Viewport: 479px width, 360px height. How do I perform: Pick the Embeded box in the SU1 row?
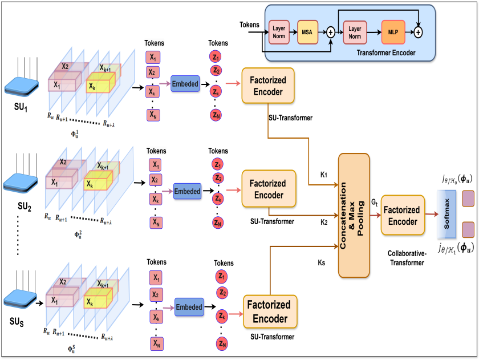point(185,84)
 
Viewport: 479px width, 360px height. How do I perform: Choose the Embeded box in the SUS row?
point(189,307)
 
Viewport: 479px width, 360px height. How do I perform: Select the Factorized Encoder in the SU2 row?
point(269,189)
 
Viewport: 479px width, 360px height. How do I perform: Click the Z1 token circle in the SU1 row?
point(216,58)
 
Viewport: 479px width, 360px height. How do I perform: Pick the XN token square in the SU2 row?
point(155,223)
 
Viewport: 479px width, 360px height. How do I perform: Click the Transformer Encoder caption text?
point(386,52)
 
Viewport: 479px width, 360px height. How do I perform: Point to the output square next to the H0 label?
point(468,199)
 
